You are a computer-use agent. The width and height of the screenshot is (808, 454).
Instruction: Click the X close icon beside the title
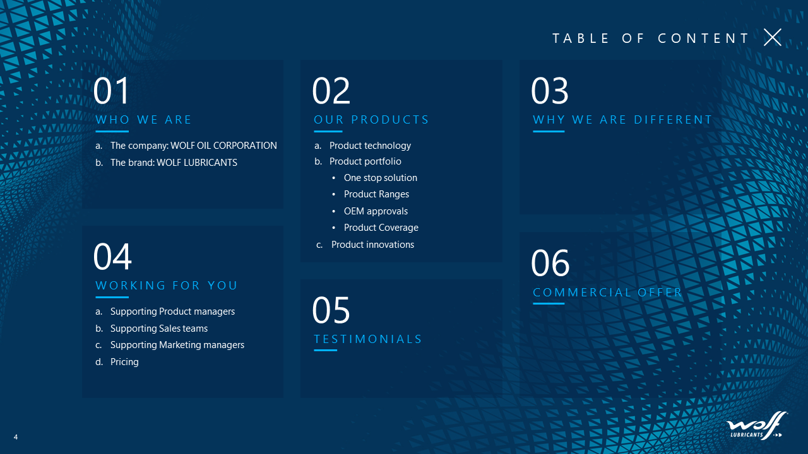(772, 37)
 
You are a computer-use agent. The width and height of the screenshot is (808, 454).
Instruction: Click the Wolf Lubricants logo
(756, 426)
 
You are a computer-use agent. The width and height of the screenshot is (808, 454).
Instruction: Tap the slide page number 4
(16, 437)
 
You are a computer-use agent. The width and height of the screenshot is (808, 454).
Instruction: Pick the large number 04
(112, 256)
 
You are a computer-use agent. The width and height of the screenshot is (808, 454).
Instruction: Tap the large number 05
(331, 310)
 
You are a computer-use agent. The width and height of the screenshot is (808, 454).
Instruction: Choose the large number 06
(550, 263)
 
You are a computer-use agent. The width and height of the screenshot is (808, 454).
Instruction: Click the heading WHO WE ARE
(143, 120)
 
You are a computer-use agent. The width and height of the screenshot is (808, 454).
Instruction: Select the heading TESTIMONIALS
(367, 339)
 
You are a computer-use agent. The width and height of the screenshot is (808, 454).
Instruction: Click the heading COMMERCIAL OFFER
(607, 292)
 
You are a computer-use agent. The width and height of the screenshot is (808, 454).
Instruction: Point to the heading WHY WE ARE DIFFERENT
(622, 120)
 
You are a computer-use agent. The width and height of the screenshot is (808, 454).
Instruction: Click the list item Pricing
(124, 362)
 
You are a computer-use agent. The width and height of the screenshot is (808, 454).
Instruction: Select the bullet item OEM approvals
(376, 211)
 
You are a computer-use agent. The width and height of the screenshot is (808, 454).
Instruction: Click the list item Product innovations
(372, 245)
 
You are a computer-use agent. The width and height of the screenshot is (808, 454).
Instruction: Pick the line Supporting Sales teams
(159, 329)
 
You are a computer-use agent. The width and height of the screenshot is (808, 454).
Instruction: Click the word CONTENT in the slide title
(703, 38)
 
